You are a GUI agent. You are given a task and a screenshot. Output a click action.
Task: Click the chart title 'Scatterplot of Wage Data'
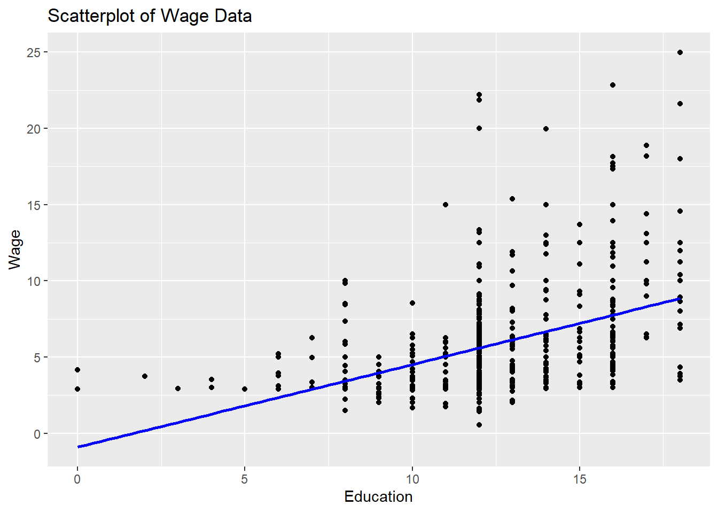pos(150,16)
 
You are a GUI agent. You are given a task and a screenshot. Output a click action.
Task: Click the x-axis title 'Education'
pos(378,496)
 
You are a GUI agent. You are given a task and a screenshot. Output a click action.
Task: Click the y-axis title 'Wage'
pos(14,250)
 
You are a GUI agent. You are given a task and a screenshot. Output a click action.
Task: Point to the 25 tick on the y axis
pos(34,52)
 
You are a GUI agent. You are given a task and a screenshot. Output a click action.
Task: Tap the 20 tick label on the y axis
pos(34,129)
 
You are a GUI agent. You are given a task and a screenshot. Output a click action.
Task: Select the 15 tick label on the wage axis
pos(34,205)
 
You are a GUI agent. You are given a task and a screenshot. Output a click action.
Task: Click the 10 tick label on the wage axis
pos(34,281)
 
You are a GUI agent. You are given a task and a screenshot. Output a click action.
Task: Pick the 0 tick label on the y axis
pos(37,434)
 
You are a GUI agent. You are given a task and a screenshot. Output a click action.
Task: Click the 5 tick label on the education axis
pos(245,479)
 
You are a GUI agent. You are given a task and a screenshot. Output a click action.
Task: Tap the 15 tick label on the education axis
pos(580,479)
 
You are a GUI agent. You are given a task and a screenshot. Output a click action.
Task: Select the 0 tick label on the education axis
pos(77,479)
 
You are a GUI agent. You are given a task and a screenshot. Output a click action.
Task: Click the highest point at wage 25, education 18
pos(680,52)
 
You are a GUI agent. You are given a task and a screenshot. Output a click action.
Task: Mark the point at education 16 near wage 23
pos(613,85)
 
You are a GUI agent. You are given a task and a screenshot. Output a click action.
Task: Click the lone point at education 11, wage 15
pos(446,205)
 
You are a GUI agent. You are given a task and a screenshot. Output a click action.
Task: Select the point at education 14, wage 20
pos(546,129)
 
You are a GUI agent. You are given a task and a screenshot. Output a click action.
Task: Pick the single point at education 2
pos(144,376)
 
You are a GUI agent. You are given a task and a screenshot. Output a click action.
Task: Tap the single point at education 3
pos(178,388)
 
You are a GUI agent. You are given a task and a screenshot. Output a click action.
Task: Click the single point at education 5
pos(245,389)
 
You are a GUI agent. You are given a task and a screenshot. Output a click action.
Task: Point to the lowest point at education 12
pos(479,425)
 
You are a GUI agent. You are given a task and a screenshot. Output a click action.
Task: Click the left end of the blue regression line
pos(78,447)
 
